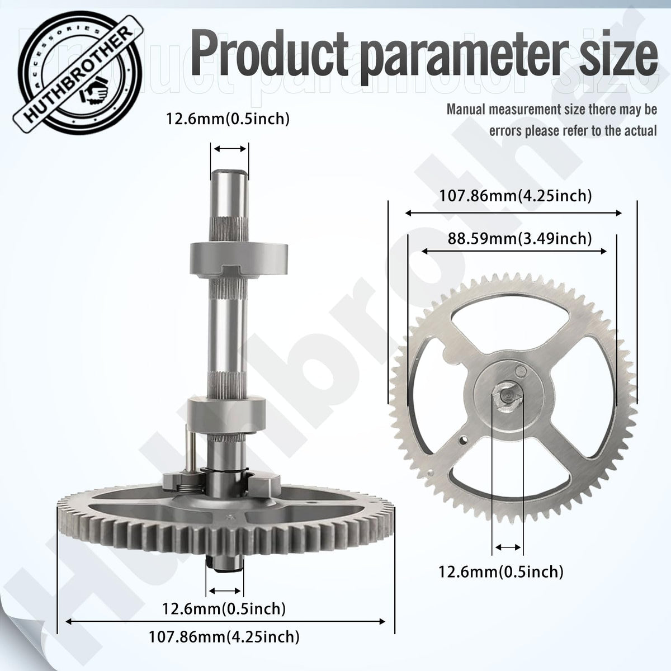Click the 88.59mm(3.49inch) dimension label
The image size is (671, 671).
[519, 239]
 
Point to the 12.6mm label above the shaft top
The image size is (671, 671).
[228, 119]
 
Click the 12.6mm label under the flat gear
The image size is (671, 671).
[500, 572]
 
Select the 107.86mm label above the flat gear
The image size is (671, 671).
[516, 196]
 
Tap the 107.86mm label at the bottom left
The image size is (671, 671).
[224, 636]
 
